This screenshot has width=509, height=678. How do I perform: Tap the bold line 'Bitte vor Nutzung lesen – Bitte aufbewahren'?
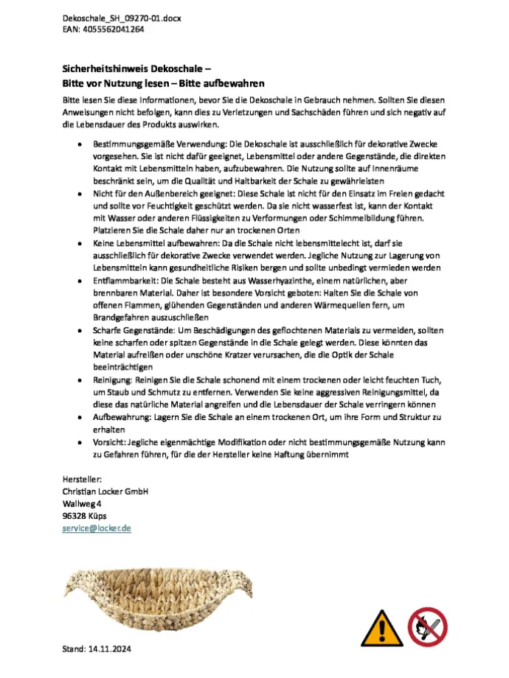coord(163,83)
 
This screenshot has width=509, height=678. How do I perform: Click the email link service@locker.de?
coord(96,528)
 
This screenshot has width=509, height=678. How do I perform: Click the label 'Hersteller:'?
coord(81,479)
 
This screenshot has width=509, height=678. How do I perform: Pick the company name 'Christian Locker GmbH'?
coord(105,492)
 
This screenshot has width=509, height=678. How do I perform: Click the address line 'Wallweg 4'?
coord(82,504)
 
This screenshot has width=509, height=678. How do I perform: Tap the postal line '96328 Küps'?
coord(85,516)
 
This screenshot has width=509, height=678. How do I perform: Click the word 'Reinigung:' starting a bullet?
coord(111,379)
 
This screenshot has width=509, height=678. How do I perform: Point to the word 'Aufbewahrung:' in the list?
coord(121,416)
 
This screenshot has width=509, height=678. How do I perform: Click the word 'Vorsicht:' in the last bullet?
coord(108,442)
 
